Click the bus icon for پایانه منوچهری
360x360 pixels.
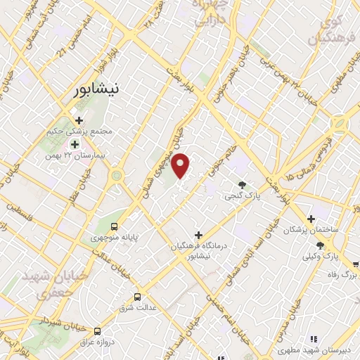(x=115, y=226)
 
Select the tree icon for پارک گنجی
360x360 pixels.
(x=243, y=185)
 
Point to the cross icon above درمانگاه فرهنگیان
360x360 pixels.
(x=198, y=235)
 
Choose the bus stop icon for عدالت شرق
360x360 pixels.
(x=138, y=296)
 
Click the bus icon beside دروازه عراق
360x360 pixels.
(x=97, y=330)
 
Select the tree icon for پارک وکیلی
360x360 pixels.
(x=321, y=245)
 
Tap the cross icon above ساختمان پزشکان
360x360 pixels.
(x=311, y=219)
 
